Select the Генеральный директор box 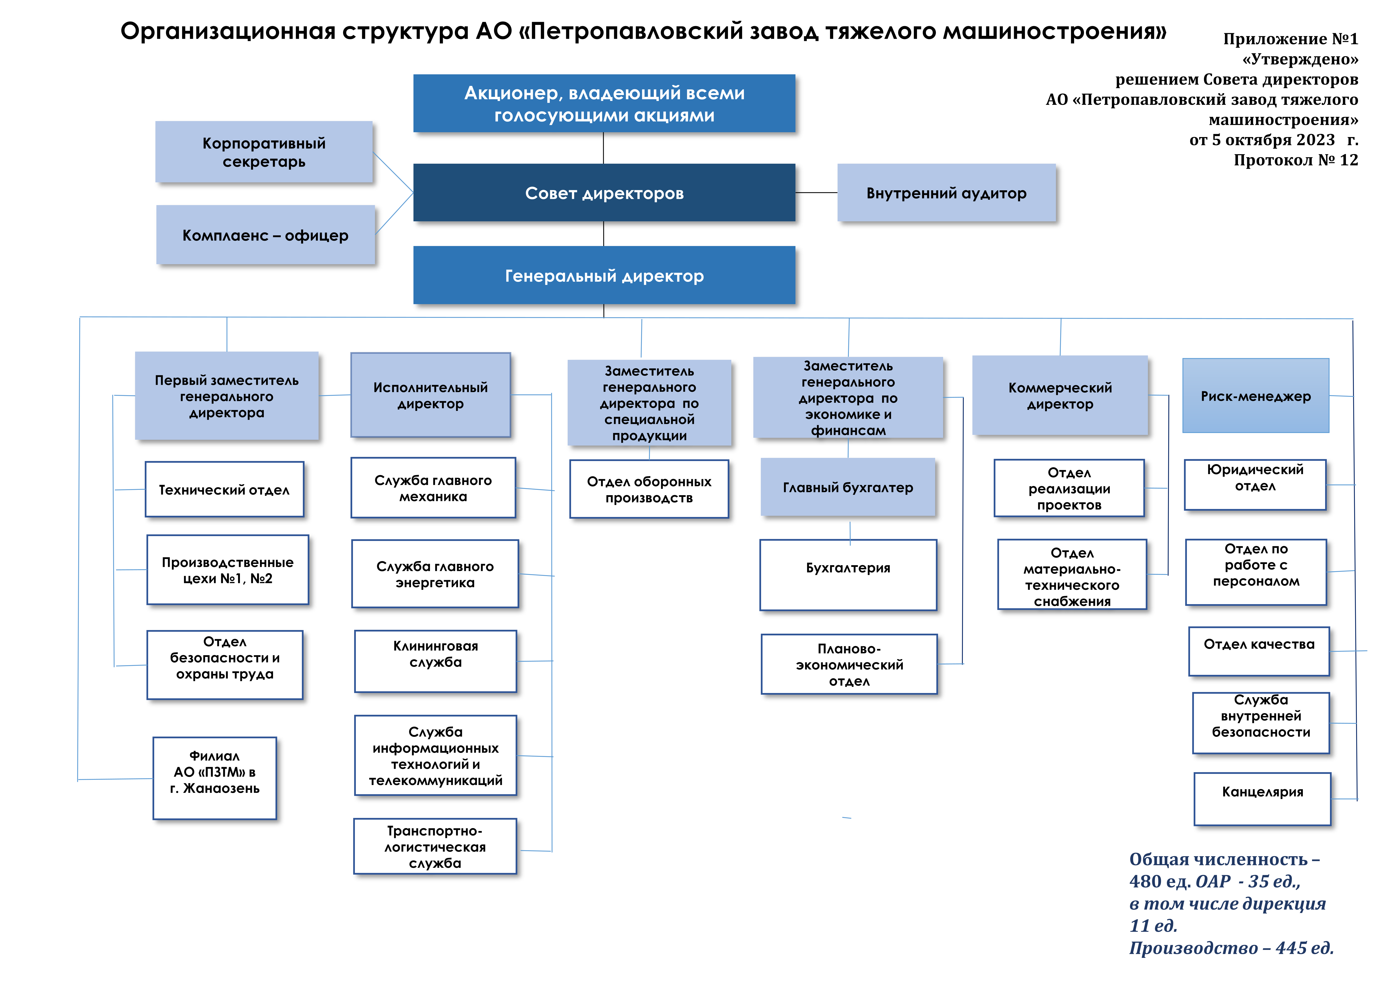click(604, 276)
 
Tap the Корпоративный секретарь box click(264, 152)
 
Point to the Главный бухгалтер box click(848, 487)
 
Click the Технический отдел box click(224, 490)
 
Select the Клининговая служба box click(435, 661)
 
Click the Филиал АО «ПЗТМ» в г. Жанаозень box click(214, 778)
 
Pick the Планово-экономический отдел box click(849, 664)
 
